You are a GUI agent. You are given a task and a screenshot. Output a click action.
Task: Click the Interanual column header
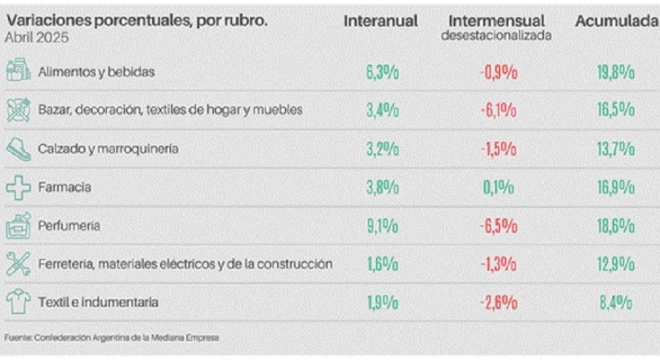coord(381,22)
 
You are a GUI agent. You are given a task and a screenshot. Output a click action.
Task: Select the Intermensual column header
coord(496,22)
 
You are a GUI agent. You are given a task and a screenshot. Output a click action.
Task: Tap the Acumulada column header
coord(616,22)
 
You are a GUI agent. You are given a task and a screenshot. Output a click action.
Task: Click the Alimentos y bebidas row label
coord(97,72)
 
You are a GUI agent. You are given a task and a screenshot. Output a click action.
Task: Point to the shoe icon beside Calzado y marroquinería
coord(18,148)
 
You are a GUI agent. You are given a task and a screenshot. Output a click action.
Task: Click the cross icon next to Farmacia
coord(18,187)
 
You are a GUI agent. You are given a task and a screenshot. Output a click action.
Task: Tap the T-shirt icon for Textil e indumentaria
coord(18,302)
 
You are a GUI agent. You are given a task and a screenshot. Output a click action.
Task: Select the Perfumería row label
coord(69,225)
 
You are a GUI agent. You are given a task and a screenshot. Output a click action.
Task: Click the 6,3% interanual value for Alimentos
coord(382,72)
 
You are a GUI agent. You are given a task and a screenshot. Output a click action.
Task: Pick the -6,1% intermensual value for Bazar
coord(499,111)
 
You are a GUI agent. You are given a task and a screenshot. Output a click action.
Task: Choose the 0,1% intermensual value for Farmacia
coord(499,187)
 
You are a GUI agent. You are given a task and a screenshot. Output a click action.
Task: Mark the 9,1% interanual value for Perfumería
coord(382,226)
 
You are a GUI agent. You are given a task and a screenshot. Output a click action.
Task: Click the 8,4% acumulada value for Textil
coord(616,302)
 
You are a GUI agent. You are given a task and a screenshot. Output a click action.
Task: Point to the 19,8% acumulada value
coord(616,72)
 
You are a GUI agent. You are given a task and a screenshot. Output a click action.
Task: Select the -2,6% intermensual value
coord(499,302)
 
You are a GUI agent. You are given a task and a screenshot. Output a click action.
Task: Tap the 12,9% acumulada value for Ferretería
coord(616,264)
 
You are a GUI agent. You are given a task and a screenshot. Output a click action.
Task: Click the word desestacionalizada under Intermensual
coord(496,35)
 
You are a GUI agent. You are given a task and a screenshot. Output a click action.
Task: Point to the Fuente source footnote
coord(111,338)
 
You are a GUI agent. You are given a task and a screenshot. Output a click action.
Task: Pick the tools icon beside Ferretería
coord(18,263)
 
